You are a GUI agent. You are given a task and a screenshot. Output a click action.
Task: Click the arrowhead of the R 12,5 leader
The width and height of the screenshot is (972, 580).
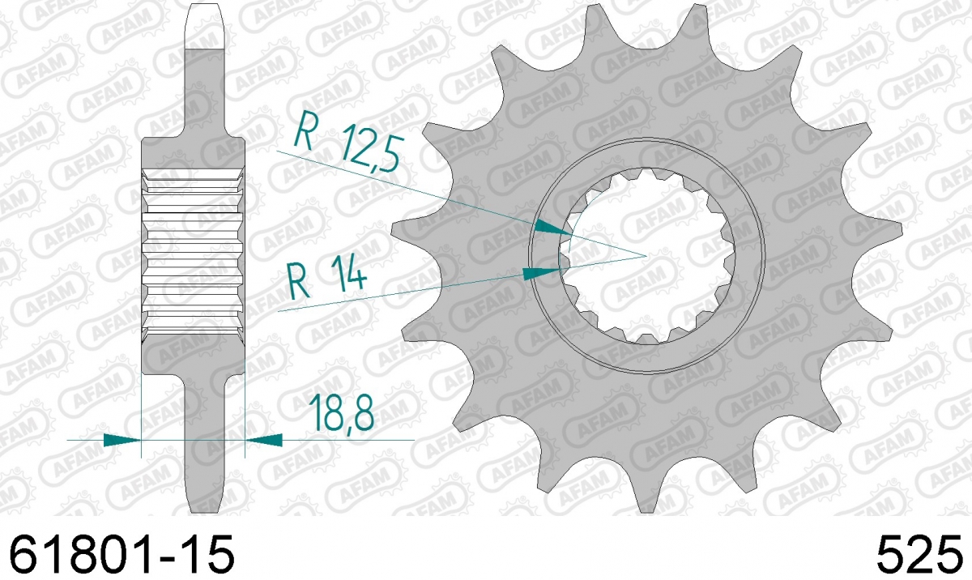coord(552,228)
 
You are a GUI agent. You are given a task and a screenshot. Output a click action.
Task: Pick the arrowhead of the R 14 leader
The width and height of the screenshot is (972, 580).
coord(541,273)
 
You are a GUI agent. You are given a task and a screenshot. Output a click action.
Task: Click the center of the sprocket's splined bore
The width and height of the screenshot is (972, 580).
coord(646,256)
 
